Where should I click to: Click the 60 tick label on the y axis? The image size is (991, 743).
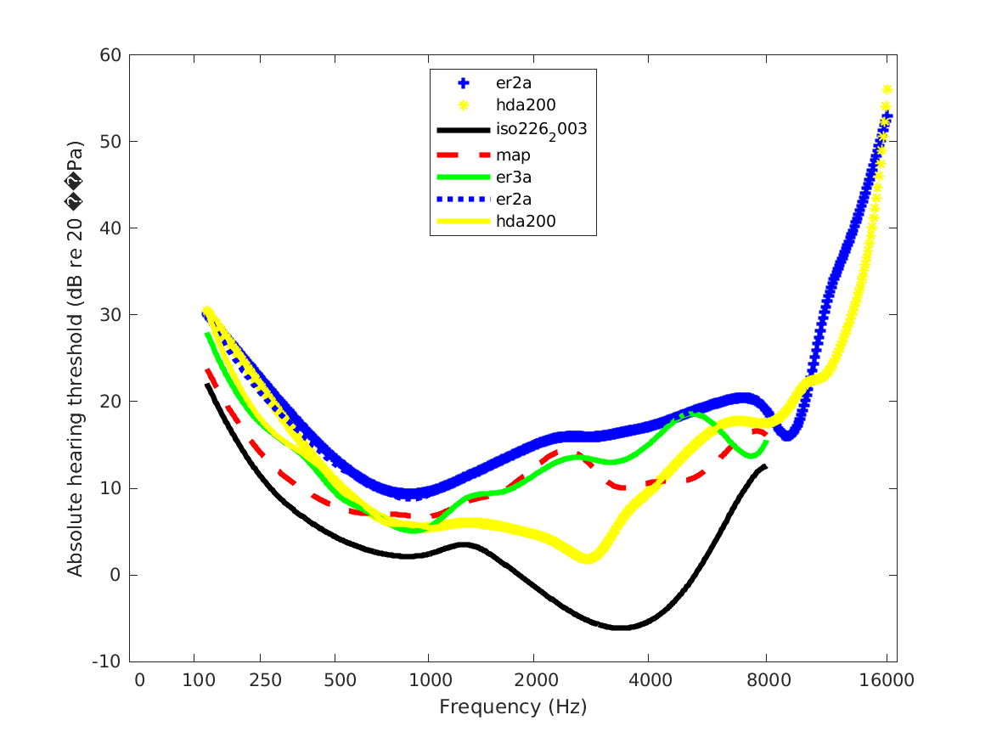[111, 55]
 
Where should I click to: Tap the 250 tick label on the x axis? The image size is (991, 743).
[260, 681]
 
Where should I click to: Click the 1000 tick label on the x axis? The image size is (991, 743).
[428, 681]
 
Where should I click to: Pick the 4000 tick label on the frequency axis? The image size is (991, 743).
[648, 681]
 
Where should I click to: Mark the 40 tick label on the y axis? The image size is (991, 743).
[111, 228]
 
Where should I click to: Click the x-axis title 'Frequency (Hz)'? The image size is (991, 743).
[513, 706]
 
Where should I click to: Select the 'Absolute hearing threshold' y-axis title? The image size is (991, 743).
[76, 357]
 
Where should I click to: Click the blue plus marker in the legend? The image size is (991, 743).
[463, 83]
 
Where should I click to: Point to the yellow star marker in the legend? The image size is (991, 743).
[463, 106]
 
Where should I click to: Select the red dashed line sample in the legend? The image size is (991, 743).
[463, 154]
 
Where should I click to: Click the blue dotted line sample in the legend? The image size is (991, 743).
[463, 200]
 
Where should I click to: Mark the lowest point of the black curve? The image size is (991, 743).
[621, 628]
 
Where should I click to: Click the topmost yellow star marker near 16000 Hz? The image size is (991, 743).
[887, 89]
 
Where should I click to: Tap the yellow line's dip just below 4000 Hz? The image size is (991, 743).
[588, 559]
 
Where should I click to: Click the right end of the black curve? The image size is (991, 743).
[765, 466]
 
